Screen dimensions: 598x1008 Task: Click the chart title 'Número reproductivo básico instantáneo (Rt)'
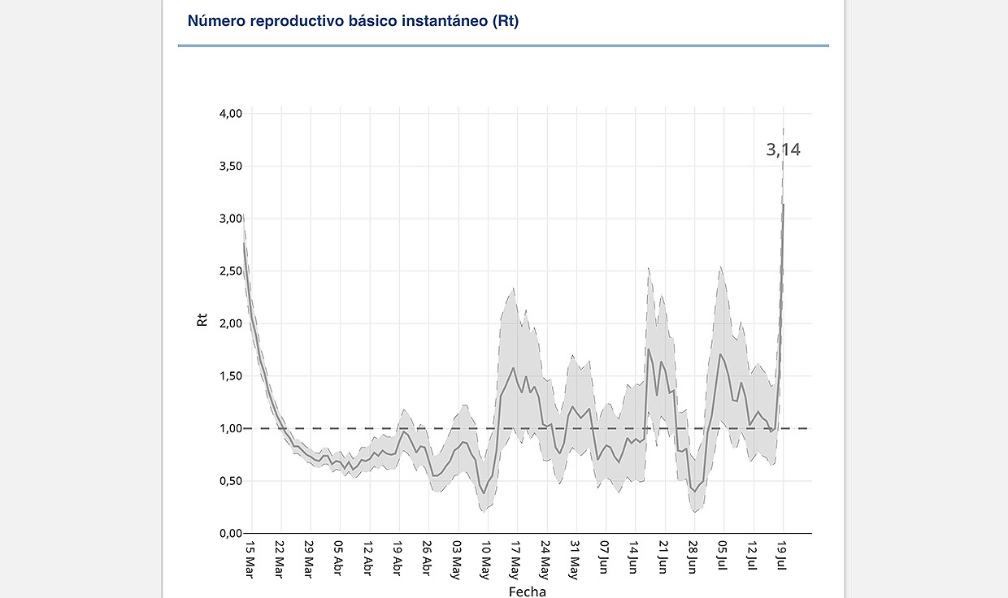click(x=353, y=21)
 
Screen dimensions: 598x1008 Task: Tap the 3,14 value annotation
click(x=783, y=149)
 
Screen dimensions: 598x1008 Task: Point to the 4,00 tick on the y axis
click(x=231, y=114)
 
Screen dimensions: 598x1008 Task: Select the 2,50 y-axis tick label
click(x=231, y=271)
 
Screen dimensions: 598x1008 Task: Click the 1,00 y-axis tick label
click(x=231, y=428)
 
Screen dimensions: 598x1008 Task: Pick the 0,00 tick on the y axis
click(x=231, y=533)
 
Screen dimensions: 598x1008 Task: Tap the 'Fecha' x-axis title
click(x=527, y=591)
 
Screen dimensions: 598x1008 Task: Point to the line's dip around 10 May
click(x=484, y=492)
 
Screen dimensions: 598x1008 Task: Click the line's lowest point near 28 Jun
click(x=694, y=491)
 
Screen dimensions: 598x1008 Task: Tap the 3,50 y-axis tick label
click(x=231, y=167)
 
